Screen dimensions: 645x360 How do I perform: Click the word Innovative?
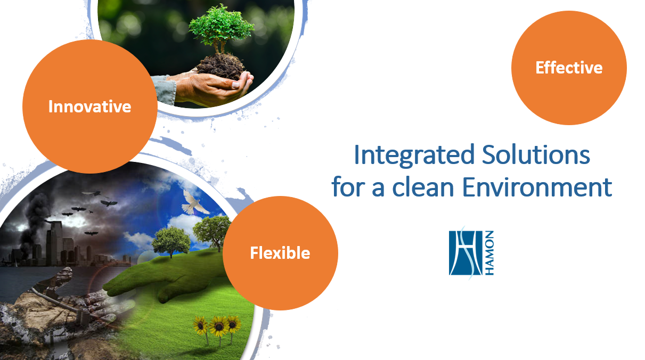89,107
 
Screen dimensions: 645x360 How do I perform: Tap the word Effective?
569,68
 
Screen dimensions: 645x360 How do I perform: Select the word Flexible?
280,253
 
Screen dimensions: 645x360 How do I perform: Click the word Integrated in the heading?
414,156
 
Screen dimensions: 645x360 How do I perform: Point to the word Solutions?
536,154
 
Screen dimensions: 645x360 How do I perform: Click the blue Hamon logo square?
466,253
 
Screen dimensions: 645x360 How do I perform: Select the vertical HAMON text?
489,253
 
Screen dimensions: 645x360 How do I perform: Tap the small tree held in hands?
221,29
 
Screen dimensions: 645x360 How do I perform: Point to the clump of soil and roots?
221,66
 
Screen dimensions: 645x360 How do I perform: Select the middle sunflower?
219,329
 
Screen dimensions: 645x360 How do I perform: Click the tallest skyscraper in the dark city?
55,242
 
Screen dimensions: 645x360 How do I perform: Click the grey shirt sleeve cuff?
165,90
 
